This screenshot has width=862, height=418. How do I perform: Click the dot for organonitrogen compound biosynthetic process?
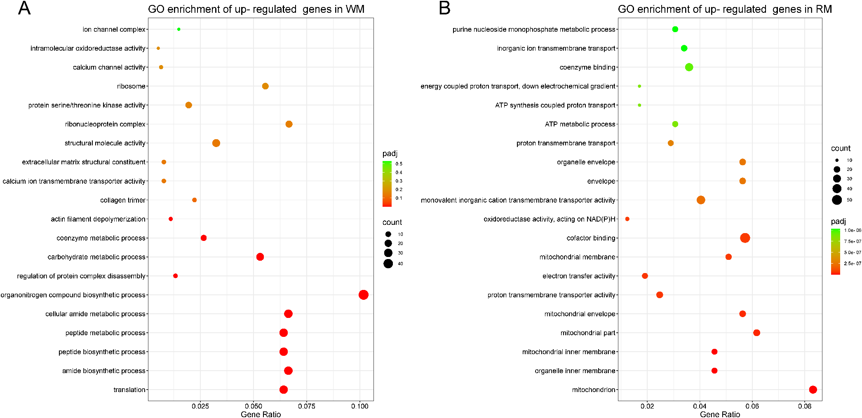(x=363, y=295)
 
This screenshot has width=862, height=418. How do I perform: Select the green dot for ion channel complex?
(x=179, y=29)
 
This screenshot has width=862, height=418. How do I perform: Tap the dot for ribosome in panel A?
(x=265, y=86)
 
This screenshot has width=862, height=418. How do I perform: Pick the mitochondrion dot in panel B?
(x=813, y=390)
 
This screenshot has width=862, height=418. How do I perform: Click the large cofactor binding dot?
(x=745, y=238)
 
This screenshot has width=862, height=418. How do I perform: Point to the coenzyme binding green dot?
(x=689, y=67)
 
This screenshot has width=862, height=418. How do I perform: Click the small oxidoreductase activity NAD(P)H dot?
(x=627, y=219)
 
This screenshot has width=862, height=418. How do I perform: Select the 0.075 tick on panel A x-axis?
(x=306, y=406)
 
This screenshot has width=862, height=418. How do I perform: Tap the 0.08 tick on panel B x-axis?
(x=804, y=406)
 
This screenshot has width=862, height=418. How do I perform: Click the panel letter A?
(x=24, y=8)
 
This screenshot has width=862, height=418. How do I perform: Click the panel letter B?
(x=444, y=8)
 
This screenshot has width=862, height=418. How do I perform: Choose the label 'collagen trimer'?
(x=122, y=200)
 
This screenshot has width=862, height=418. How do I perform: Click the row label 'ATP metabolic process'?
(x=580, y=124)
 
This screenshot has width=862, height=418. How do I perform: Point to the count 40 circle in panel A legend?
(x=388, y=264)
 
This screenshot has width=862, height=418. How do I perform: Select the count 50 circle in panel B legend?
(x=836, y=200)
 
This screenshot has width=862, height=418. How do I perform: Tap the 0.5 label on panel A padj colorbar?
(x=399, y=164)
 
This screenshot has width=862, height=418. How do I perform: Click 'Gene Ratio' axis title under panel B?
(x=720, y=414)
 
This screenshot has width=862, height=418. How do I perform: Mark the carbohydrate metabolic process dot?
(x=260, y=257)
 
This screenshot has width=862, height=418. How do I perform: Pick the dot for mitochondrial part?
(x=756, y=333)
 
